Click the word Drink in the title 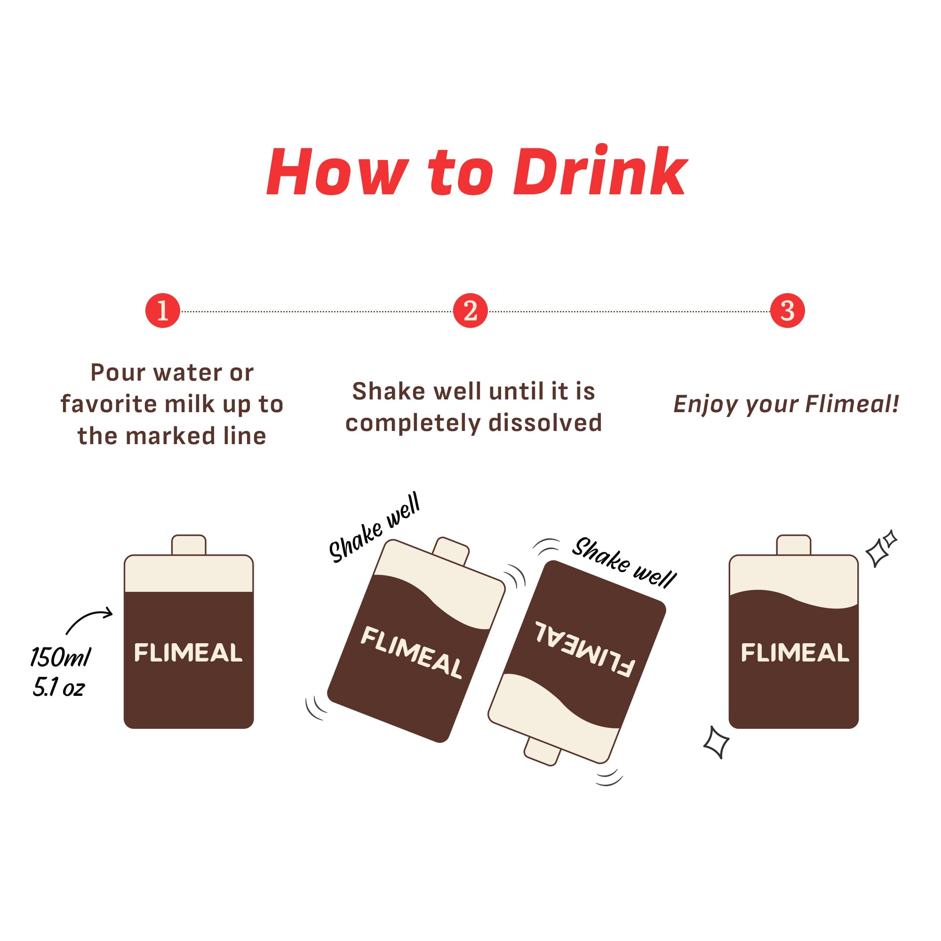coord(599,171)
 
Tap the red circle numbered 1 coord(163,311)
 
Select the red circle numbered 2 coord(470,311)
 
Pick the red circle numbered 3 coord(787,311)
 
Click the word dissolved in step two coord(545,423)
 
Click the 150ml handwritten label coord(60,657)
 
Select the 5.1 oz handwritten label coord(58,687)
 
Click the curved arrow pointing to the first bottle coord(89,621)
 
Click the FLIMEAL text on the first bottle coord(188,653)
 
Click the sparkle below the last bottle coord(716,743)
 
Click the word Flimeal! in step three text coord(852,404)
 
